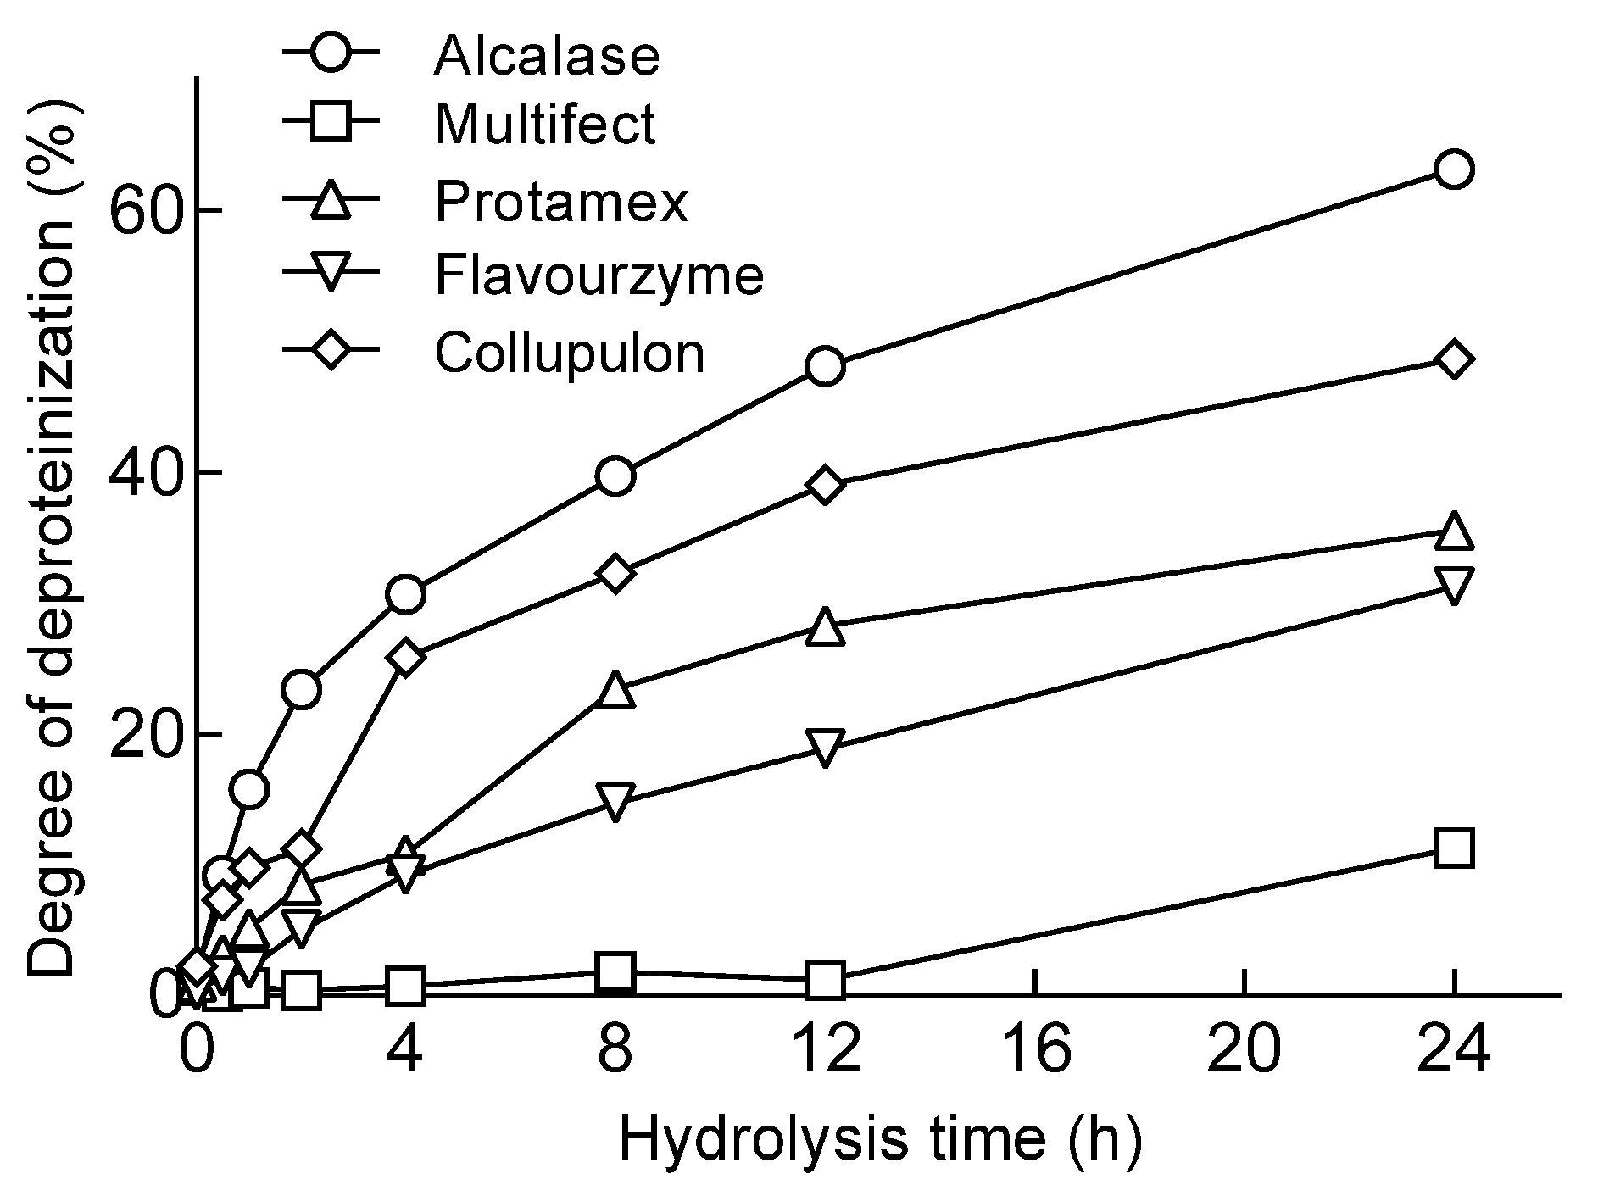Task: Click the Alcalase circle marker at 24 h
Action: pyautogui.click(x=1453, y=170)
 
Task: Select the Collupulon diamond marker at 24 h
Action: pyautogui.click(x=1453, y=359)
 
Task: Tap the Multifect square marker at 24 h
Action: pyautogui.click(x=1453, y=848)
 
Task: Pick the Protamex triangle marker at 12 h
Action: pyautogui.click(x=826, y=628)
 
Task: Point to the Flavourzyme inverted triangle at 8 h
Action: pyautogui.click(x=615, y=800)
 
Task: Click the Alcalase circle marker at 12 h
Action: pyautogui.click(x=826, y=366)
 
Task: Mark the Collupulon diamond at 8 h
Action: pyautogui.click(x=615, y=574)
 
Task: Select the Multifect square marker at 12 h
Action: pyautogui.click(x=826, y=980)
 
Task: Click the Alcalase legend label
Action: pyautogui.click(x=546, y=55)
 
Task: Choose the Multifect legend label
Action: pyautogui.click(x=544, y=125)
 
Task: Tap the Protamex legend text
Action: pyautogui.click(x=561, y=202)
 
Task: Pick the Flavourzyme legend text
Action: pyautogui.click(x=599, y=275)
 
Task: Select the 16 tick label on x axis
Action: pyautogui.click(x=1036, y=1052)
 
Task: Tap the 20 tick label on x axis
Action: pyautogui.click(x=1244, y=1052)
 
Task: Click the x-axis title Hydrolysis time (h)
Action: pyautogui.click(x=880, y=1140)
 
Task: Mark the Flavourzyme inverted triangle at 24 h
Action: pyautogui.click(x=1453, y=585)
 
